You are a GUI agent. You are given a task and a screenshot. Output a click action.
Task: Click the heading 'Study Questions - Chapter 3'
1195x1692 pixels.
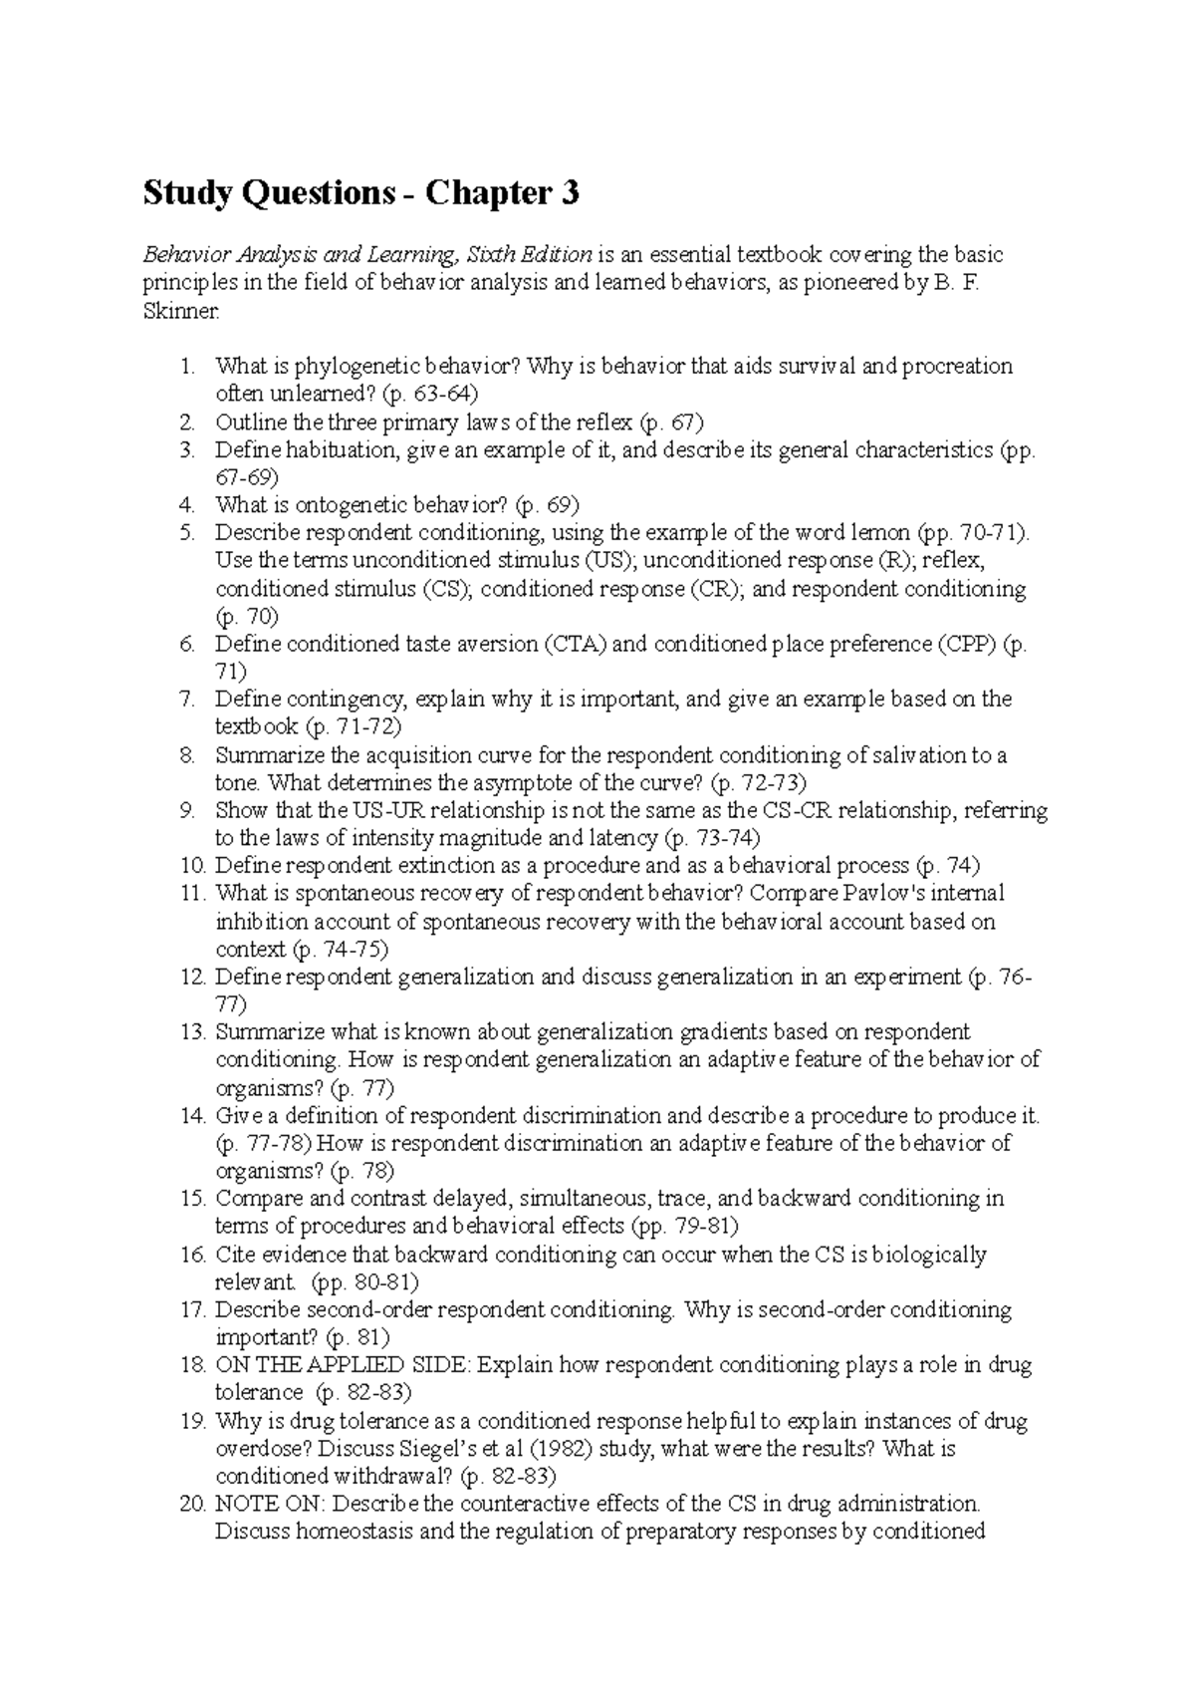tap(360, 192)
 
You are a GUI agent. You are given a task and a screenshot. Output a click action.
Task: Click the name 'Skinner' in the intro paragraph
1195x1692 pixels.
tap(177, 311)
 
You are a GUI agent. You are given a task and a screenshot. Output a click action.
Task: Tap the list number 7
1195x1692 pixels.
tap(188, 700)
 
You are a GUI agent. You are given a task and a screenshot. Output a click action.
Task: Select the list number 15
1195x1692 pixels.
tap(192, 1198)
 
